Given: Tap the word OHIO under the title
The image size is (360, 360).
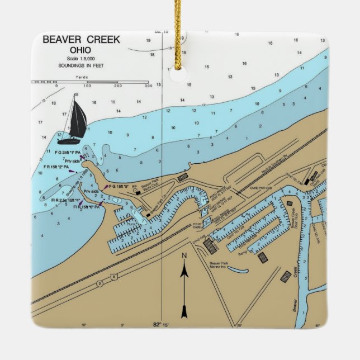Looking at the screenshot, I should pyautogui.click(x=80, y=51).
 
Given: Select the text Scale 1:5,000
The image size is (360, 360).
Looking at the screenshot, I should pyautogui.click(x=80, y=59).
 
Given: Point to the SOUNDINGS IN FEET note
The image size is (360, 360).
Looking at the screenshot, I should pyautogui.click(x=80, y=65).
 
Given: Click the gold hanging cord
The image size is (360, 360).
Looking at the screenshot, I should pyautogui.click(x=178, y=28).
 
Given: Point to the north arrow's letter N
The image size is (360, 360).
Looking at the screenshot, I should pyautogui.click(x=184, y=256).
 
